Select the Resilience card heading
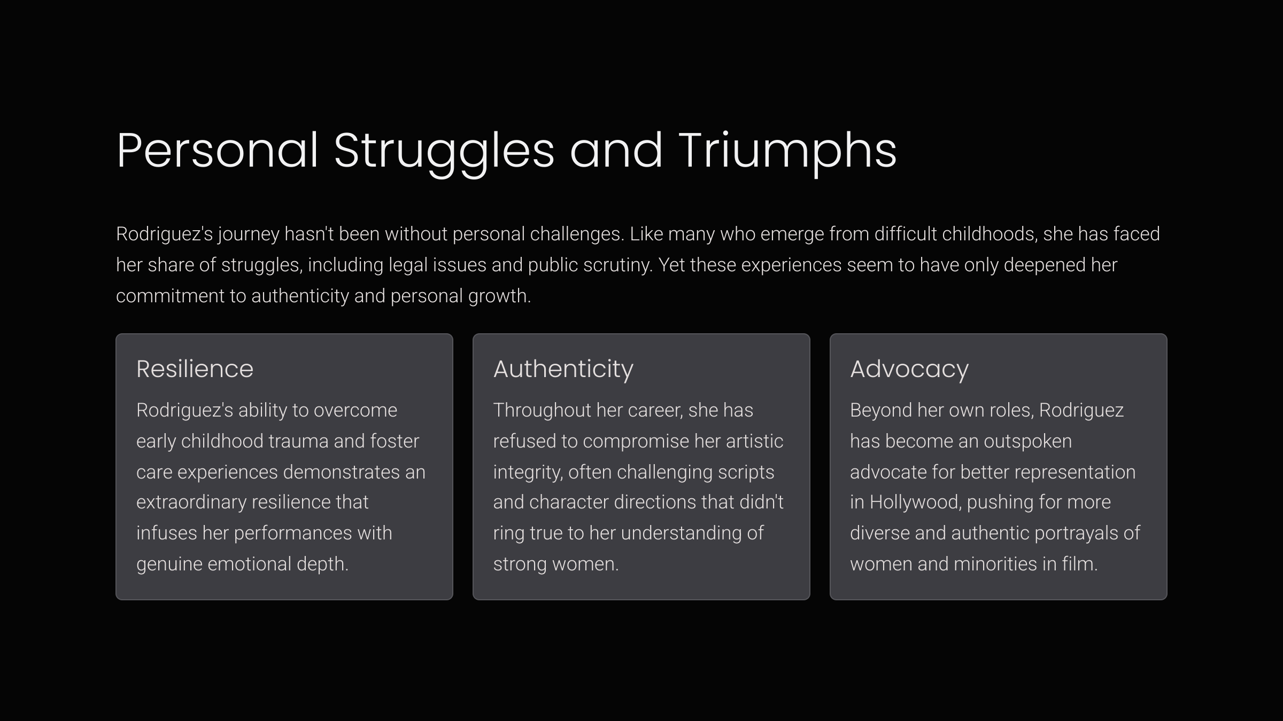[x=195, y=369]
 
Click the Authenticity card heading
[x=563, y=369]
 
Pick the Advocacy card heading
[x=909, y=369]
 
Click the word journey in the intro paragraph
[x=249, y=234]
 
